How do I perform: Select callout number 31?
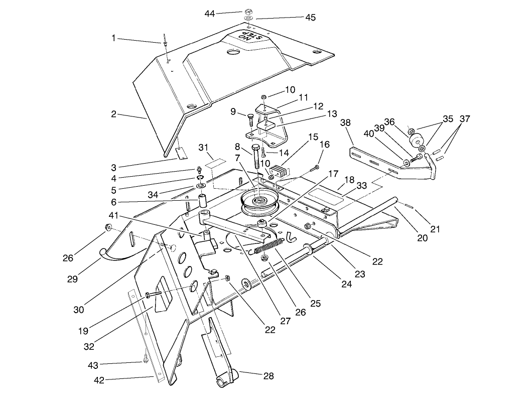click(202, 147)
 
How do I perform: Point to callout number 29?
click(72, 279)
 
